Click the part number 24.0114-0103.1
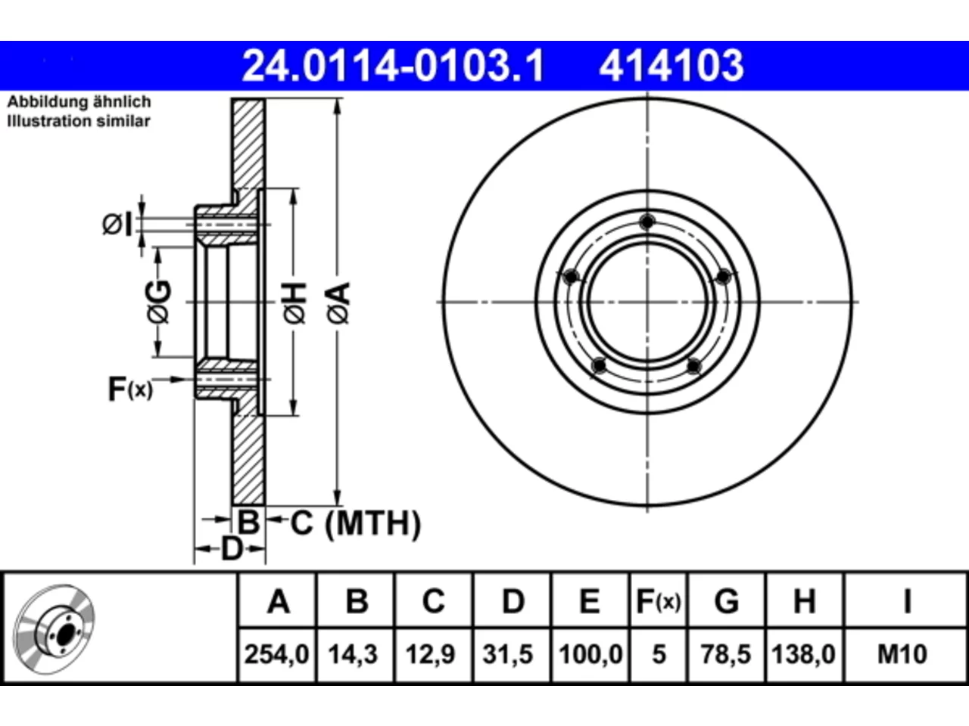coord(393,66)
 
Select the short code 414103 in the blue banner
coord(671,66)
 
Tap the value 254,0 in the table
coord(276,654)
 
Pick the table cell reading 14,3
coord(353,654)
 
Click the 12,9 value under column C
coord(430,654)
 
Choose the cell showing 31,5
coord(508,654)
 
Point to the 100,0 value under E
coord(590,654)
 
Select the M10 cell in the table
coord(902,654)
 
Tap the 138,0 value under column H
coord(803,654)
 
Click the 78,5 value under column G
coord(725,654)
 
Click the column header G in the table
coord(726,601)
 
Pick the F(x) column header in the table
coord(658,601)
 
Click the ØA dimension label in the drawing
coord(339,304)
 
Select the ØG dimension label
coord(159,302)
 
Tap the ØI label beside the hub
coord(117,224)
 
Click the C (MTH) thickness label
coord(356,523)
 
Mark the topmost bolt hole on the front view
coord(647,222)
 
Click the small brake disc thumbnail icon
coord(54,629)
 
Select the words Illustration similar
coord(79,121)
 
